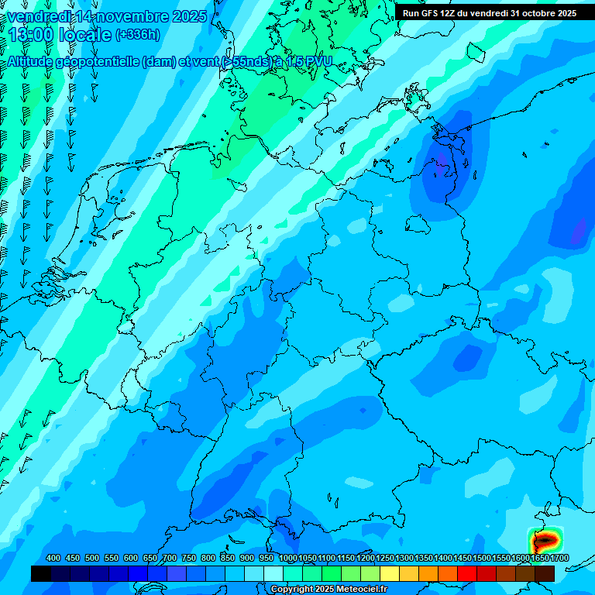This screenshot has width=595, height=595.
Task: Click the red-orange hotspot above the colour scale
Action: click(545, 540)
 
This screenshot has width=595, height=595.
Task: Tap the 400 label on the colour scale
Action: click(53, 558)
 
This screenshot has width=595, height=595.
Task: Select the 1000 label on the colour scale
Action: click(287, 558)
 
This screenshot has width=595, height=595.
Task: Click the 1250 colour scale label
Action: click(385, 558)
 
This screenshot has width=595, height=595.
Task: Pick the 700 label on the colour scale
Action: click(170, 558)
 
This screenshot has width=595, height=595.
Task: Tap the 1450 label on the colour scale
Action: click(463, 558)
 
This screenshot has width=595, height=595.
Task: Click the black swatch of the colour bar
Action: click(41, 573)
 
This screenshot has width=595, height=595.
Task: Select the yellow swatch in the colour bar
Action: click(390, 573)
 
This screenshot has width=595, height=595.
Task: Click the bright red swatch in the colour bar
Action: click(467, 573)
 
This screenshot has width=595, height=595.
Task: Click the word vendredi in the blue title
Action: click(40, 16)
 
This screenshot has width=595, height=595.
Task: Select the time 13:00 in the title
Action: click(36, 36)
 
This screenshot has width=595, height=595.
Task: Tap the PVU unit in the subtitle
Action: click(318, 61)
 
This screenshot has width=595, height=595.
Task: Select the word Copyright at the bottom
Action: click(291, 590)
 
